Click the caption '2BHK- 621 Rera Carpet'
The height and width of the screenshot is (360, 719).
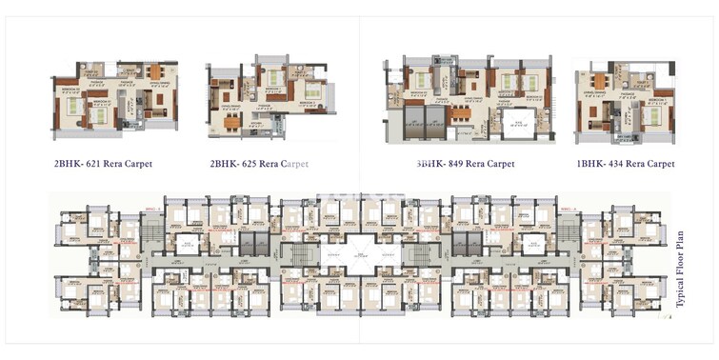tap(103, 164)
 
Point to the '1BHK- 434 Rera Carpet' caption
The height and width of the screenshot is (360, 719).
tap(625, 164)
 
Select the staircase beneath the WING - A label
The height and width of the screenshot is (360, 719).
tap(569, 229)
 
